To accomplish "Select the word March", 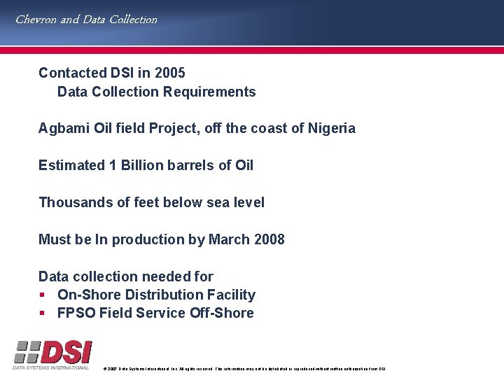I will click(x=228, y=239).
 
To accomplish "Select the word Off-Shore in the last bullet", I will click(x=221, y=313).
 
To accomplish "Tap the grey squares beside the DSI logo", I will click(x=26, y=351).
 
